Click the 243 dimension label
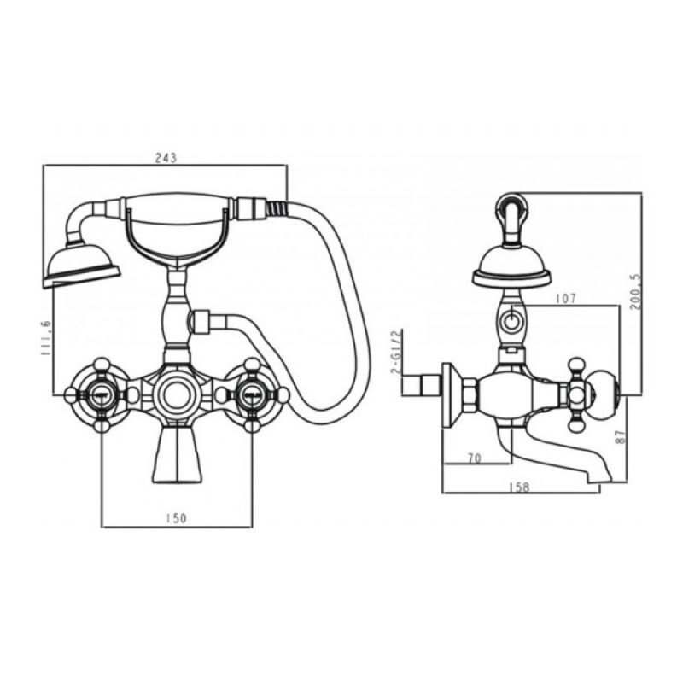166,157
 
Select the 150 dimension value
177,518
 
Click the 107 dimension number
565,298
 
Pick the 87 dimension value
622,436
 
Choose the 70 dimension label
474,458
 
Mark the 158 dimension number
519,487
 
